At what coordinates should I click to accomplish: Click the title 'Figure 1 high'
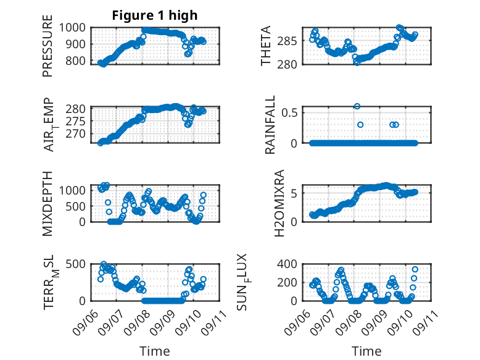pyautogui.click(x=155, y=15)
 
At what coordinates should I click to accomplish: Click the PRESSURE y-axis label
pyautogui.click(x=48, y=46)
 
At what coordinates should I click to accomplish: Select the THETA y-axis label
pyautogui.click(x=266, y=46)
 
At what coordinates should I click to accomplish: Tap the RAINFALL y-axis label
pyautogui.click(x=270, y=125)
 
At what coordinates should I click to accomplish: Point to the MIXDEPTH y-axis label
pyautogui.click(x=48, y=204)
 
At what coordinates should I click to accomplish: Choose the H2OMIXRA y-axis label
pyautogui.click(x=279, y=203)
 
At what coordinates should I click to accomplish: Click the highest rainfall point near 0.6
pyautogui.click(x=357, y=106)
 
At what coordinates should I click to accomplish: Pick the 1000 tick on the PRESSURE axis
pyautogui.click(x=72, y=28)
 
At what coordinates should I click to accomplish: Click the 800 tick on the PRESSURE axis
pyautogui.click(x=76, y=61)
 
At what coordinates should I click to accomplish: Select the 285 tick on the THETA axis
pyautogui.click(x=287, y=40)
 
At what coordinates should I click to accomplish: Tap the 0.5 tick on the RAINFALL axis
pyautogui.click(x=289, y=112)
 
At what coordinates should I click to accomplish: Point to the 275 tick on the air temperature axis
pyautogui.click(x=76, y=121)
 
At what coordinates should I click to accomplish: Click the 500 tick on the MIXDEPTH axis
pyautogui.click(x=76, y=206)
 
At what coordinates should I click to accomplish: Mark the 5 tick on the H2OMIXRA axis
pyautogui.click(x=294, y=193)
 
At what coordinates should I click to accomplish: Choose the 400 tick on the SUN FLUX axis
pyautogui.click(x=287, y=264)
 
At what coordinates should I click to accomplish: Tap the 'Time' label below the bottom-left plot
pyautogui.click(x=155, y=351)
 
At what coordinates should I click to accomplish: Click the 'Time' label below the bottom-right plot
pyautogui.click(x=366, y=351)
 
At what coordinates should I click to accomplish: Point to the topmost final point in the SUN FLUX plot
pyautogui.click(x=415, y=269)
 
